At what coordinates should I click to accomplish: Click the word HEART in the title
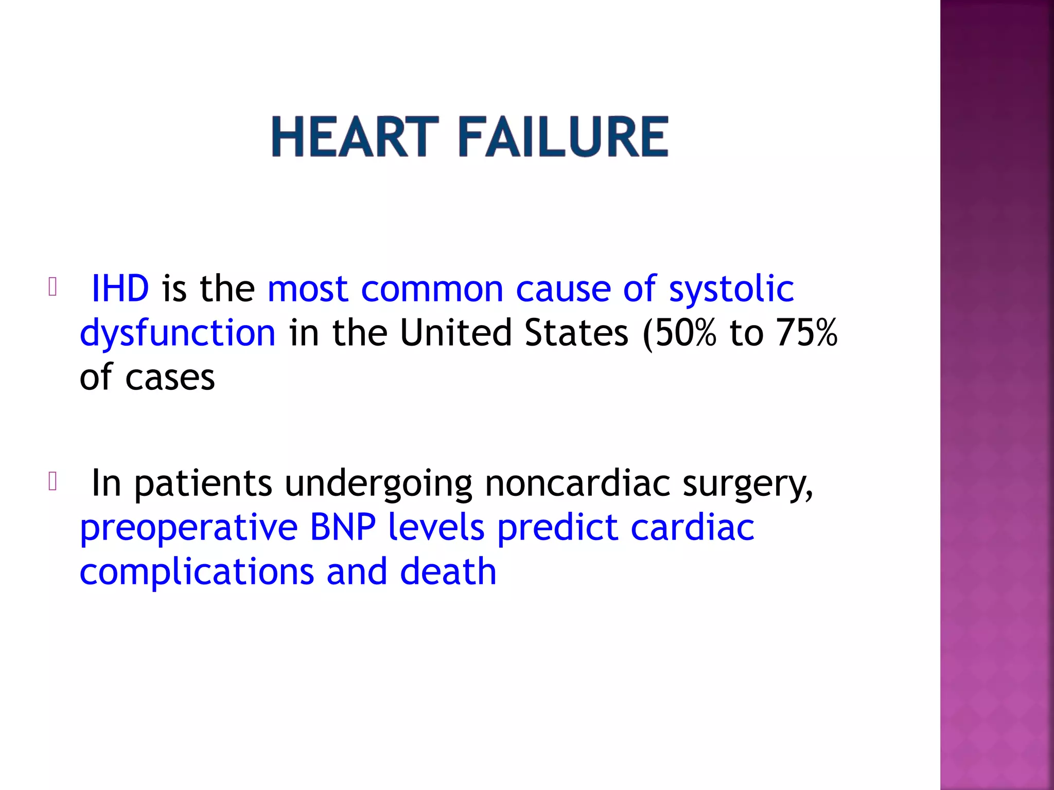click(x=355, y=137)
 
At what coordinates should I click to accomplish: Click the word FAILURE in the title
click(x=564, y=137)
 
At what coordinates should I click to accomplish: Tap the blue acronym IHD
click(x=120, y=289)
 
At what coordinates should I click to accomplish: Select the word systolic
click(x=731, y=289)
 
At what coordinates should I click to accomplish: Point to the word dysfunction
click(x=178, y=333)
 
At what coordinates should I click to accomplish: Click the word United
click(x=455, y=333)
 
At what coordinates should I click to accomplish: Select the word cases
click(x=170, y=378)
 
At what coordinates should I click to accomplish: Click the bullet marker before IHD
click(x=52, y=287)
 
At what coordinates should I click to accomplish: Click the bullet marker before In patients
click(x=52, y=481)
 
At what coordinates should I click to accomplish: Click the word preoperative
click(x=189, y=528)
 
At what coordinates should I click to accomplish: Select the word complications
click(x=197, y=572)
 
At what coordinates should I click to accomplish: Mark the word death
click(x=448, y=571)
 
